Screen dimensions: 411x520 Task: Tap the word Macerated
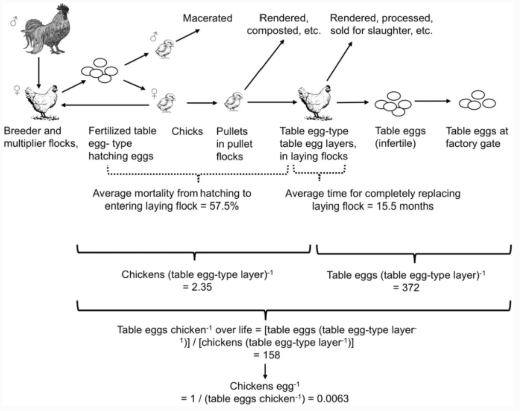tap(208, 18)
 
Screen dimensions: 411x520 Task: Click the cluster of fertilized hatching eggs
tap(100, 71)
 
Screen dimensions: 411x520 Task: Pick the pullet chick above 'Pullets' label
tap(234, 101)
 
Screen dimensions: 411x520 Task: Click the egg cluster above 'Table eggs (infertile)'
tap(393, 103)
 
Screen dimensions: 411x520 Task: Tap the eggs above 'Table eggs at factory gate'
tap(477, 100)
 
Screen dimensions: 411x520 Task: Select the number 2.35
tap(202, 287)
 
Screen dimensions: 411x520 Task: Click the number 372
tap(410, 288)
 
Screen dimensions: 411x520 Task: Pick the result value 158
tap(271, 355)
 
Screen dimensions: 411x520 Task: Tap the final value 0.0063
tap(332, 399)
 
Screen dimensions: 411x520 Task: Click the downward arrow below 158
tap(265, 371)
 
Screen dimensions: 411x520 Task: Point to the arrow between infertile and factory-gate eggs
tap(433, 101)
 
